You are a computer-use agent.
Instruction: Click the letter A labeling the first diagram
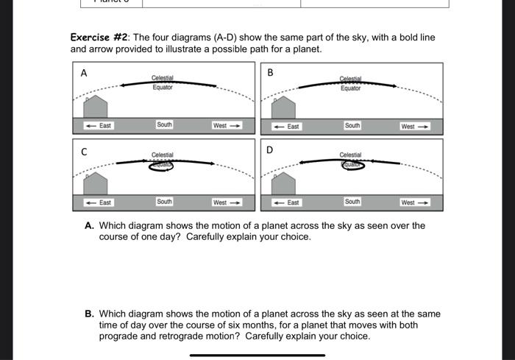click(x=84, y=73)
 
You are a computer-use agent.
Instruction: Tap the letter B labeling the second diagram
click(x=270, y=73)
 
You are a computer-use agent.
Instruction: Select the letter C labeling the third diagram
click(x=84, y=151)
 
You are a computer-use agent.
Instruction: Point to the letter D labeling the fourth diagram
click(x=270, y=150)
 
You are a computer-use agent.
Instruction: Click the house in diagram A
click(x=96, y=106)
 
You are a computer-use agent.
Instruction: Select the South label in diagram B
click(x=352, y=126)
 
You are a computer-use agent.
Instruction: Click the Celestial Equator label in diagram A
click(x=163, y=82)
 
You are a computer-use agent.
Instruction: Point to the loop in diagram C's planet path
click(x=161, y=166)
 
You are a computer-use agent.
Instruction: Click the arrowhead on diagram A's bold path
click(x=124, y=85)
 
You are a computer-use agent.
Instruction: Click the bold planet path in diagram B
click(x=346, y=84)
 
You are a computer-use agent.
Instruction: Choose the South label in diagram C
click(x=164, y=202)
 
